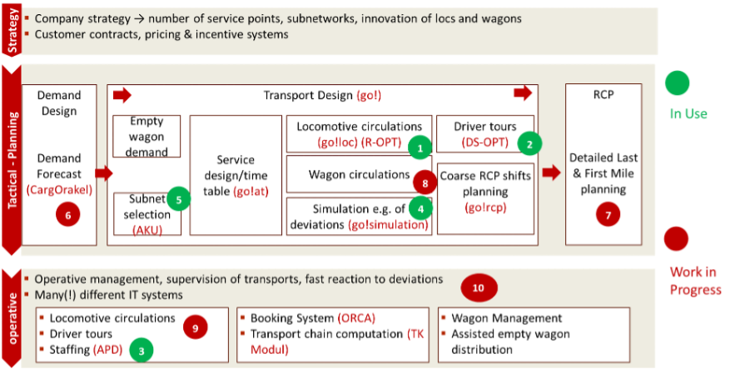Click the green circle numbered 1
pyautogui.click(x=421, y=147)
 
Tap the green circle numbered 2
pyautogui.click(x=529, y=143)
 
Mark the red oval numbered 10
pyautogui.click(x=478, y=289)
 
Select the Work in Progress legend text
pyautogui.click(x=695, y=281)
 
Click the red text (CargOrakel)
pyautogui.click(x=58, y=189)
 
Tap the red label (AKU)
pyautogui.click(x=147, y=229)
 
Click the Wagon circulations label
pyautogui.click(x=348, y=175)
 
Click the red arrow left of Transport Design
pyautogui.click(x=122, y=96)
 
